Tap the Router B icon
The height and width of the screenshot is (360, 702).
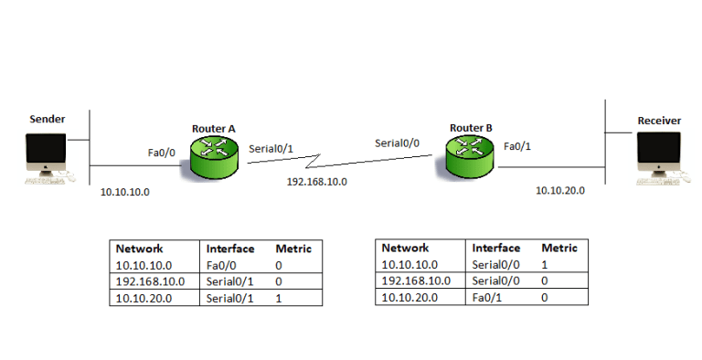pyautogui.click(x=468, y=155)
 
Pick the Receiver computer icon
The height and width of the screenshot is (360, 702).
pyautogui.click(x=658, y=158)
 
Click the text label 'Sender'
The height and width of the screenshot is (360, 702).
pyautogui.click(x=47, y=119)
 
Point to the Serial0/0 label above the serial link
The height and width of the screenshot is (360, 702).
pyautogui.click(x=398, y=143)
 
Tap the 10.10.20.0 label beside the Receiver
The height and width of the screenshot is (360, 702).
pyautogui.click(x=559, y=190)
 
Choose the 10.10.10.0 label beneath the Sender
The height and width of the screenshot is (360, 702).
pyautogui.click(x=125, y=193)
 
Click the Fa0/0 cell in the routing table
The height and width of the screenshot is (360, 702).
pyautogui.click(x=219, y=265)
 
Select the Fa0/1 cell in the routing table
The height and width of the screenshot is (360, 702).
pyautogui.click(x=484, y=297)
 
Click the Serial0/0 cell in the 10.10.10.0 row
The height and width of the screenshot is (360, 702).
pyautogui.click(x=492, y=264)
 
